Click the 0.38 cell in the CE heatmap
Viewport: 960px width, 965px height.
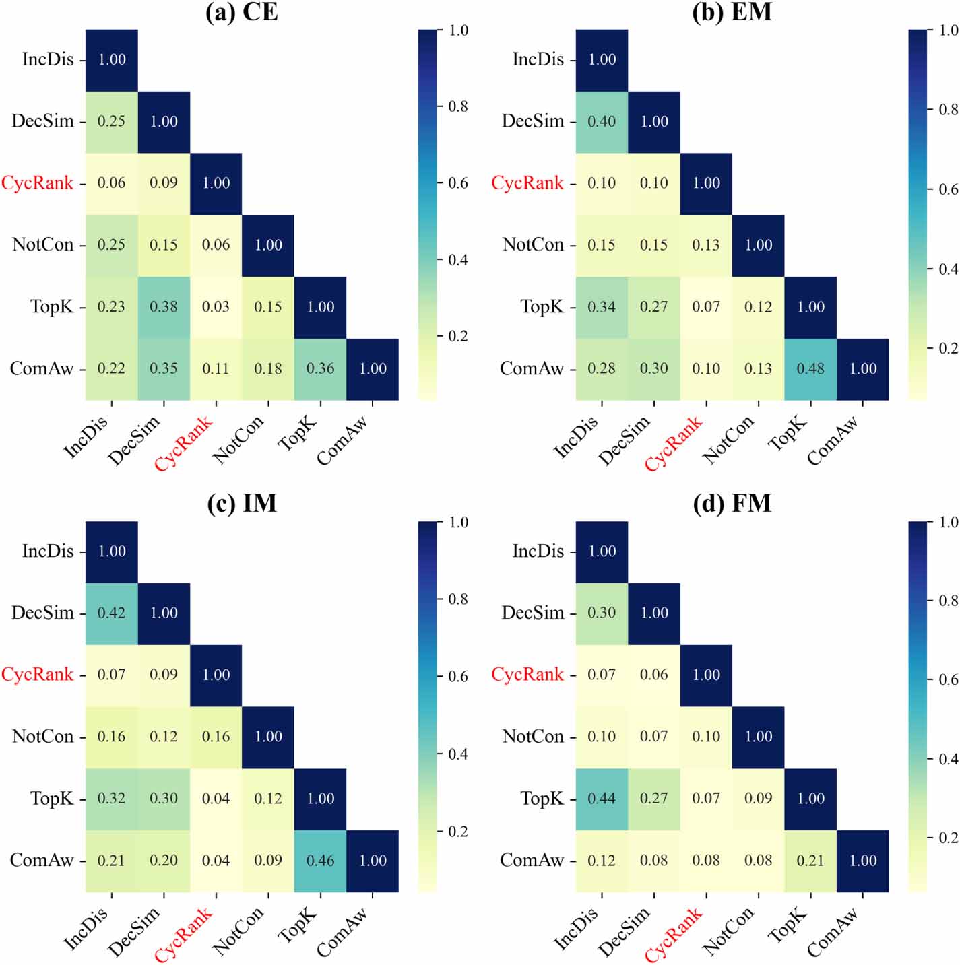click(164, 307)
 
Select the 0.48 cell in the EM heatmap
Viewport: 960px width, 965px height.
click(810, 369)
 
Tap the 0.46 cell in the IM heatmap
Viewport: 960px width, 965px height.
click(321, 861)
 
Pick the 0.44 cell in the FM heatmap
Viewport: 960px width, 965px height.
click(602, 799)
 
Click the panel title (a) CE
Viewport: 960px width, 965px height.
click(242, 12)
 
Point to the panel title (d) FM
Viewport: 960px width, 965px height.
click(732, 504)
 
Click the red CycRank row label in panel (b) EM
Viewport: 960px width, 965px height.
click(527, 183)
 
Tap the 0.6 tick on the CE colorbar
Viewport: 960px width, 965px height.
click(458, 183)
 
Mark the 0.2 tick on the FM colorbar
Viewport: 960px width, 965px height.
click(949, 838)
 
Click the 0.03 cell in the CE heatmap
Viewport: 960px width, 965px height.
click(216, 307)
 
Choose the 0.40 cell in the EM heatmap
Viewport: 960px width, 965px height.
click(602, 121)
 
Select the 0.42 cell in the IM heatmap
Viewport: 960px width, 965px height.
click(111, 613)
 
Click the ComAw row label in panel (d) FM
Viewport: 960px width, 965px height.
click(532, 861)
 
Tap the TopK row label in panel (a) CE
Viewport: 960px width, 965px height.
click(52, 307)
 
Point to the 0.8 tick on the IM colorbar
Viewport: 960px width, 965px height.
click(458, 599)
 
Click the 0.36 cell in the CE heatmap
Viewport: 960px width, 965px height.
click(321, 369)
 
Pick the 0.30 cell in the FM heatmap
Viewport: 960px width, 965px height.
click(602, 613)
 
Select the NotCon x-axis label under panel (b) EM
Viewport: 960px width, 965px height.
click(728, 440)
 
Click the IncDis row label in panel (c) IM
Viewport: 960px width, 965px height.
click(48, 551)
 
